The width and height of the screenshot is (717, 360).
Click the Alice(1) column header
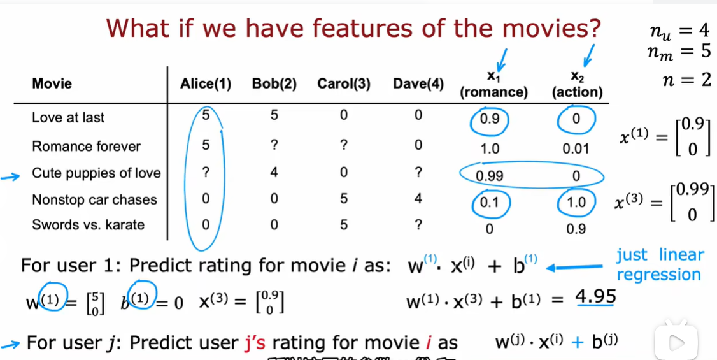tap(205, 84)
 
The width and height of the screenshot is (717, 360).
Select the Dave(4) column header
tap(418, 84)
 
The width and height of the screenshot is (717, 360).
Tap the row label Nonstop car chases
tap(95, 200)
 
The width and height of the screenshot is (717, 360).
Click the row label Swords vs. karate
tap(89, 225)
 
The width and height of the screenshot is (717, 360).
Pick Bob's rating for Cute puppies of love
tap(274, 173)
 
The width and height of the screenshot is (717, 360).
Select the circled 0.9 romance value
tap(489, 119)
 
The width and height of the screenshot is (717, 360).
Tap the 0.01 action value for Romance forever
tap(576, 148)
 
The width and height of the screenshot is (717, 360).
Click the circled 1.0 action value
tap(576, 202)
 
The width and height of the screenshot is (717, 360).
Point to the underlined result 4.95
tap(595, 297)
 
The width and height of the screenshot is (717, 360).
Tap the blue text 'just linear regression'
tap(658, 264)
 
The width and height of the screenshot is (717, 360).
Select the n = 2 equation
tap(686, 80)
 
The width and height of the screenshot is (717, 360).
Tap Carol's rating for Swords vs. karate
tap(343, 225)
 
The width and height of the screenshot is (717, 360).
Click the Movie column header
tap(52, 84)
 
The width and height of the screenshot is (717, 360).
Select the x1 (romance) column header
tap(494, 85)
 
